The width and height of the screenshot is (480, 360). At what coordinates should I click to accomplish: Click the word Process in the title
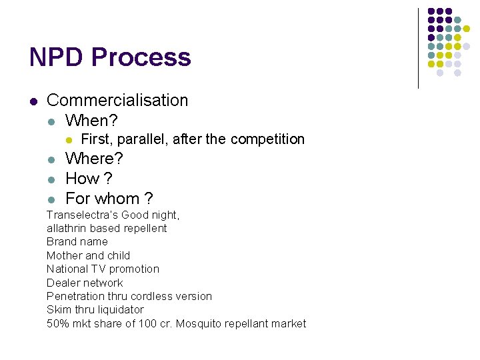(141, 57)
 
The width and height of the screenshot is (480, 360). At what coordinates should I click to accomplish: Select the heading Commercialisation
(117, 101)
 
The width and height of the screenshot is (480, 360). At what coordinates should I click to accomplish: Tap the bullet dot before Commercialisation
(33, 101)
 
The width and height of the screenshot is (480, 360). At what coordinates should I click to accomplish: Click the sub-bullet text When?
(91, 121)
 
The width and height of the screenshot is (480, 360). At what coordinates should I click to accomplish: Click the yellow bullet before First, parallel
(68, 140)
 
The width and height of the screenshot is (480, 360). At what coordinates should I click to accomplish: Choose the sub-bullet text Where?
(94, 159)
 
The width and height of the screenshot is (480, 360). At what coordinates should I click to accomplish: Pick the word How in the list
(82, 179)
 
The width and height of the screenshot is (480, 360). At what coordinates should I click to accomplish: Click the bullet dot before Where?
(51, 160)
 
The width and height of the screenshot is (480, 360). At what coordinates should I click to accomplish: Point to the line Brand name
(77, 241)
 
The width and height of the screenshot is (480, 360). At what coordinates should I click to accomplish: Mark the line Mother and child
(88, 255)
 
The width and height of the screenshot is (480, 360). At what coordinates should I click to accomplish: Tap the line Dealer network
(85, 283)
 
